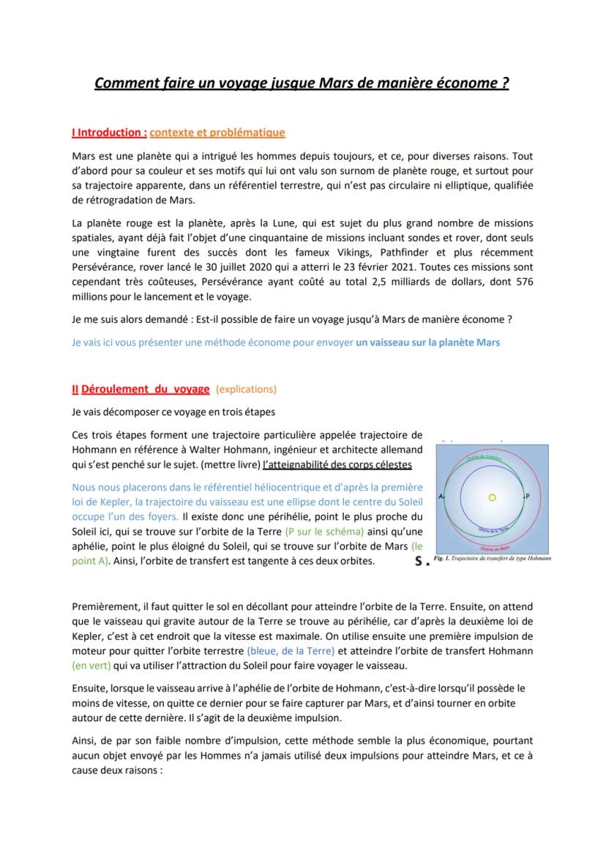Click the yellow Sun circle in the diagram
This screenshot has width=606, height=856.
(492, 497)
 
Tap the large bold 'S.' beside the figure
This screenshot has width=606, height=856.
(421, 562)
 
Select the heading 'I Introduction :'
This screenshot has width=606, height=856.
(110, 133)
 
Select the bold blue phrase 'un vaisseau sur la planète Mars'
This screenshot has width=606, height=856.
(427, 342)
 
